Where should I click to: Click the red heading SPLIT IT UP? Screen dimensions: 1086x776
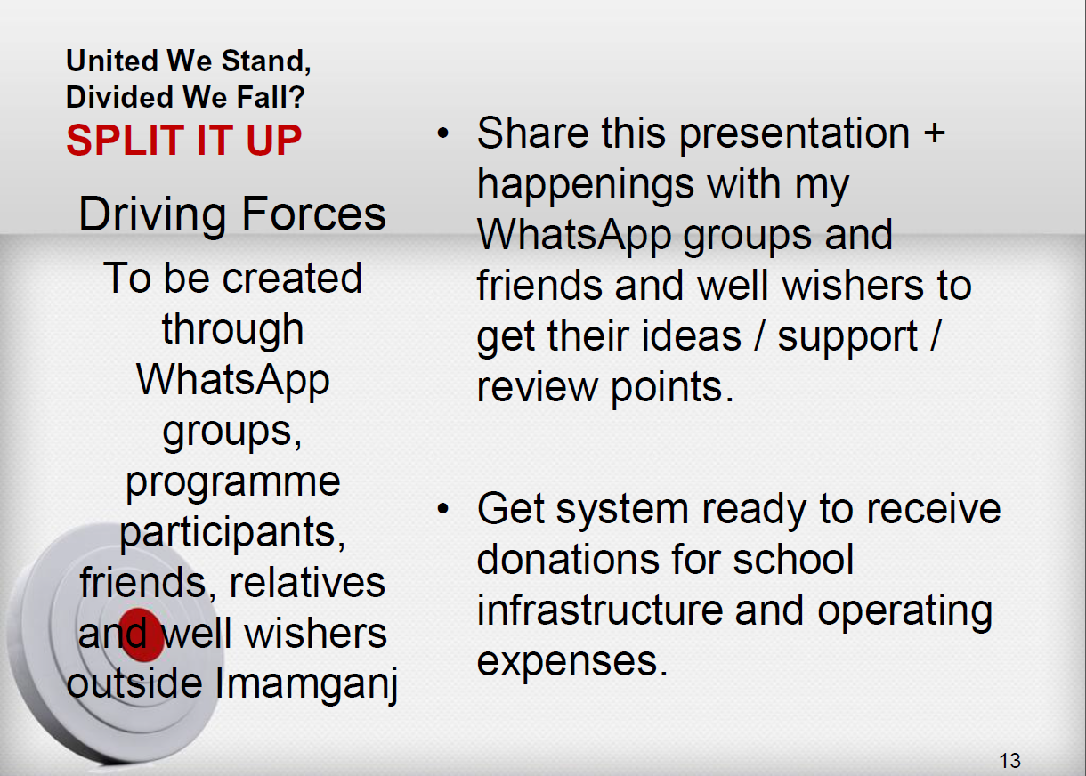184,140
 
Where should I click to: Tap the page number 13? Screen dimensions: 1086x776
1009,761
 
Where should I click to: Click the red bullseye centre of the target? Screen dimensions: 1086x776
141,635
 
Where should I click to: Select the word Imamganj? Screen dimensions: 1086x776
306,684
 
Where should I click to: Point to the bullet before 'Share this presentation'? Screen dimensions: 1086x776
442,133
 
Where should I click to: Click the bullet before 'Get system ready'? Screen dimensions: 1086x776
442,508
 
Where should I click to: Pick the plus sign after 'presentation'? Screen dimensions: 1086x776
935,133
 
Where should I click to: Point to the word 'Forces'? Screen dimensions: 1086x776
313,214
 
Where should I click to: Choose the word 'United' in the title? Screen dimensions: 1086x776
112,61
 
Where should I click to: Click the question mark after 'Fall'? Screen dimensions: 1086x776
296,96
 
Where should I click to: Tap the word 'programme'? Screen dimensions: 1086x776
233,483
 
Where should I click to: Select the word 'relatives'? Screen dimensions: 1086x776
307,583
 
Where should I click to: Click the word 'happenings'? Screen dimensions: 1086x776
586,186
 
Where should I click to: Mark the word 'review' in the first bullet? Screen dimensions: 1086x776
537,388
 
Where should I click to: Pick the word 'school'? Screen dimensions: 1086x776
793,559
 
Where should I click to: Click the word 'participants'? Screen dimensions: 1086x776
232,534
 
